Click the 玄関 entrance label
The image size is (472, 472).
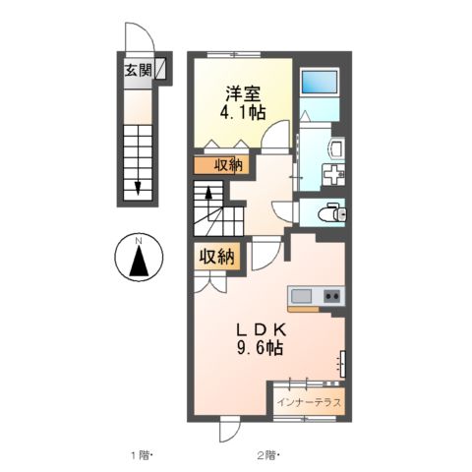pyautogui.click(x=137, y=70)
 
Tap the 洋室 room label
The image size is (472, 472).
pyautogui.click(x=241, y=94)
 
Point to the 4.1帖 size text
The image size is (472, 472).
pyautogui.click(x=241, y=113)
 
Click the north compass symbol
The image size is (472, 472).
pyautogui.click(x=140, y=261)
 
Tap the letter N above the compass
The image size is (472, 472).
pyautogui.click(x=140, y=240)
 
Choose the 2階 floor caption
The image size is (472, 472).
pyautogui.click(x=267, y=454)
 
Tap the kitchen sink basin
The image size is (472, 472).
pyautogui.click(x=301, y=295)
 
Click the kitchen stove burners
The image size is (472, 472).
pyautogui.click(x=331, y=295)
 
